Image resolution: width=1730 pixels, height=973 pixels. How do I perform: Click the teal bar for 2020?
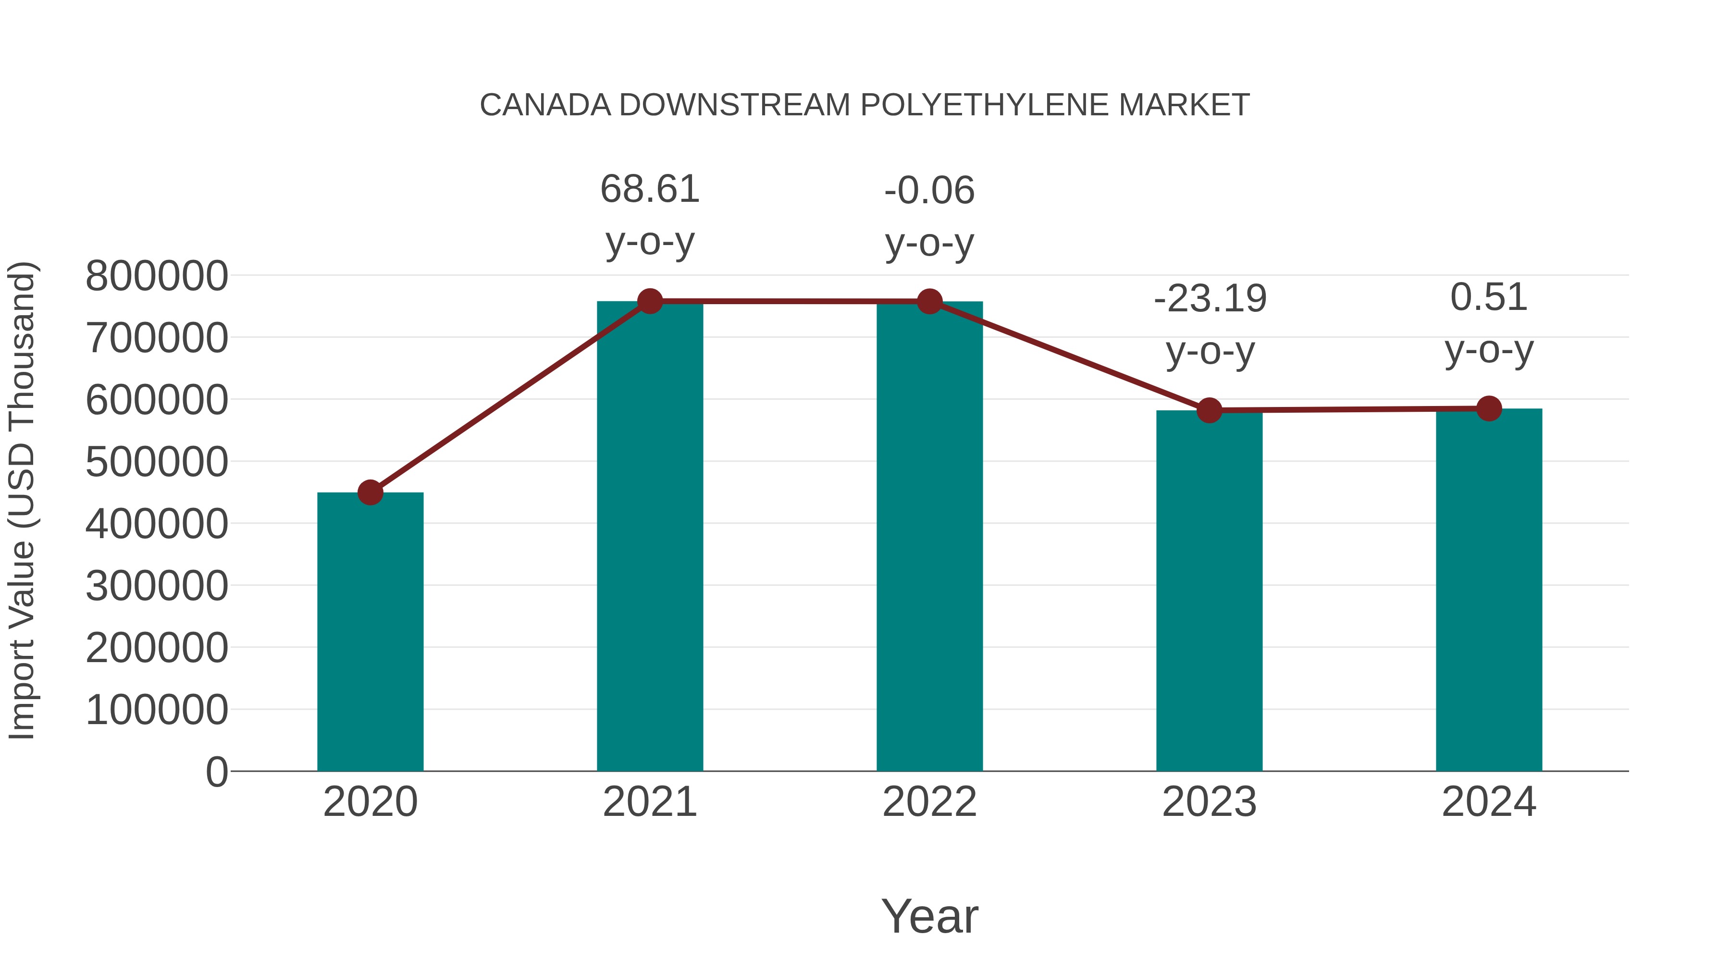[370, 631]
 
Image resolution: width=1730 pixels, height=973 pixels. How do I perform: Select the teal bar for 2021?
[649, 537]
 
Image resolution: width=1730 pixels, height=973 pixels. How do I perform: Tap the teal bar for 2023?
[1209, 591]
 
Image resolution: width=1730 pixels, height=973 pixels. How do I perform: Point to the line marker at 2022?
[929, 301]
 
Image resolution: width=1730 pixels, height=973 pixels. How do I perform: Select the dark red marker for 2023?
[1209, 410]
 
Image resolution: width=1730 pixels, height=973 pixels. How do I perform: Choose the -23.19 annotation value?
[1210, 299]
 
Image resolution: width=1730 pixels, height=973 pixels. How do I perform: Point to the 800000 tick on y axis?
[157, 276]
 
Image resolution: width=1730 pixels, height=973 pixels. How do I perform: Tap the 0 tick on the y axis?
[216, 772]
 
